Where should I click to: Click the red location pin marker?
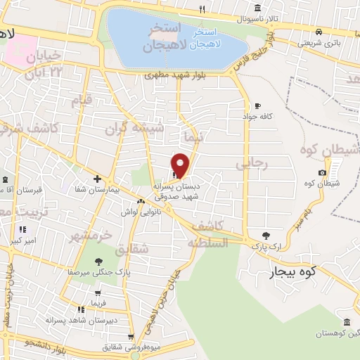(x=180, y=164)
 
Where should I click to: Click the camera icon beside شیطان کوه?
(x=322, y=172)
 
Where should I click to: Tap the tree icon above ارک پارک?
(x=265, y=236)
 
